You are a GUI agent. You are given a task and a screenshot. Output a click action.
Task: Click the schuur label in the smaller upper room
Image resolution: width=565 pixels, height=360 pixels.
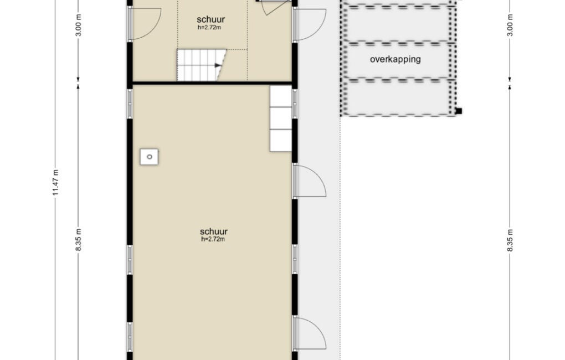(211, 19)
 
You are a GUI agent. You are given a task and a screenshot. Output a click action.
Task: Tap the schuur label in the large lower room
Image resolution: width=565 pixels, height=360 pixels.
(214, 232)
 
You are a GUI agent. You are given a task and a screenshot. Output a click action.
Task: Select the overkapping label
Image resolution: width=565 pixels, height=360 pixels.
(395, 59)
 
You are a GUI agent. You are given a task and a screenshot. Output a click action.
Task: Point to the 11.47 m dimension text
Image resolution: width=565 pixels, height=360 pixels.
(55, 183)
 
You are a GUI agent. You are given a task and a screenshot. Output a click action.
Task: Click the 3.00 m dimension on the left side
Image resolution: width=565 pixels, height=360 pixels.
(79, 25)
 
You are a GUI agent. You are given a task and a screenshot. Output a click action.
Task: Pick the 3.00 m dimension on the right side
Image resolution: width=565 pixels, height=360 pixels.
(510, 25)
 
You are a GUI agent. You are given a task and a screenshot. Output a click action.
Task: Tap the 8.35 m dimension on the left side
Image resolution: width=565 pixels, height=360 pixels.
(79, 240)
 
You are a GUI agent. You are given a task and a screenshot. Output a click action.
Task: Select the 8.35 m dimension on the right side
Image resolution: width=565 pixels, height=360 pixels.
(510, 240)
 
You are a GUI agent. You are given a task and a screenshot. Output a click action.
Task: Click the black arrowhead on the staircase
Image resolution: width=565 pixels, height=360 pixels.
(218, 65)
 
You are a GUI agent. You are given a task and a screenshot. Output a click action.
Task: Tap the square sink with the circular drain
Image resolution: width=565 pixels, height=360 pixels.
(149, 157)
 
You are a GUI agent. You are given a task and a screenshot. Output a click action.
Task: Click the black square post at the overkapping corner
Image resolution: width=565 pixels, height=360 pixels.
(458, 111)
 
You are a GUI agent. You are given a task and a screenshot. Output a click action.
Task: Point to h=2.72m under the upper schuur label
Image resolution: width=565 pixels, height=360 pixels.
(209, 27)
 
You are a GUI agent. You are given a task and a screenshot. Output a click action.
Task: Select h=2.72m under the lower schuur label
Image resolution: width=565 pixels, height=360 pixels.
(213, 239)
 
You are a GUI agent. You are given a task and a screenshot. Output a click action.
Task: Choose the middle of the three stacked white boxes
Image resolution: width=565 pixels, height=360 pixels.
(281, 118)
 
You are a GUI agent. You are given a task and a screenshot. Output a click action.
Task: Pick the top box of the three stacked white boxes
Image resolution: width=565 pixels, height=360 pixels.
(281, 96)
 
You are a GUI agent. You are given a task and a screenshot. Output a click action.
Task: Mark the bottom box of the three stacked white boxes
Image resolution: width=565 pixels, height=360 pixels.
(281, 141)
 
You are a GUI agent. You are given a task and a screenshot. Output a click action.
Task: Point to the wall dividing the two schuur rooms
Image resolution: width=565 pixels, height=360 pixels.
(212, 83)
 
